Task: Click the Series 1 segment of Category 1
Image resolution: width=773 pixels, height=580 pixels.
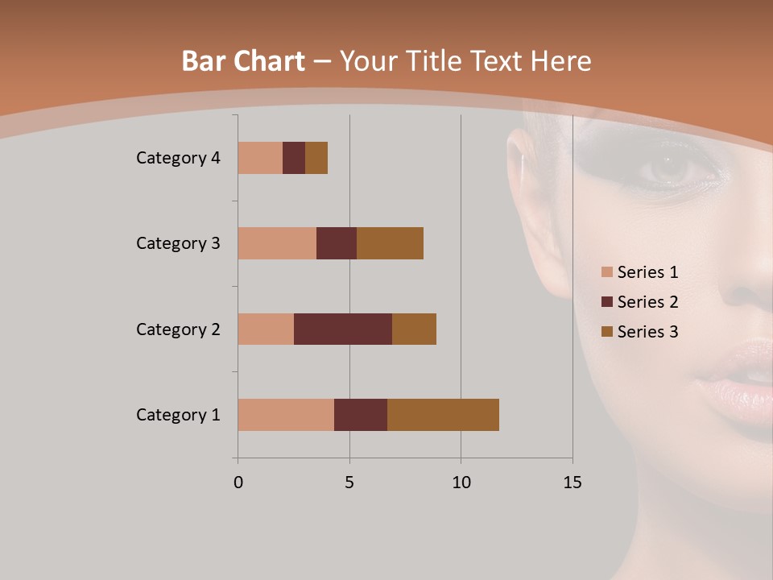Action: pyautogui.click(x=286, y=415)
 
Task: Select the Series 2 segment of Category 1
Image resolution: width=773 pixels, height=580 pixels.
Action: pyautogui.click(x=361, y=415)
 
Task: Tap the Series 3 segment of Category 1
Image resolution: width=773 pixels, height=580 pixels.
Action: pyautogui.click(x=443, y=415)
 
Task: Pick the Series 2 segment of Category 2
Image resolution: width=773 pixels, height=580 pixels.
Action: pyautogui.click(x=343, y=329)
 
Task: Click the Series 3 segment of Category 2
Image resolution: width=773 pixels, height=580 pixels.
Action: pyautogui.click(x=414, y=329)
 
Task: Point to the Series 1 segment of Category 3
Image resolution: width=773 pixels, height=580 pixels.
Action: pyautogui.click(x=277, y=243)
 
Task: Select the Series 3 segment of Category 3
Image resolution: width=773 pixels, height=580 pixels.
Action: pyautogui.click(x=390, y=243)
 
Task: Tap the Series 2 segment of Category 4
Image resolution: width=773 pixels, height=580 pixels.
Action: pyautogui.click(x=294, y=158)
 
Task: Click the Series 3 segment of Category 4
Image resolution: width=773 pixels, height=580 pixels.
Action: pyautogui.click(x=316, y=158)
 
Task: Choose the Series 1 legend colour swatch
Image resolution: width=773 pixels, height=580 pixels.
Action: pyautogui.click(x=606, y=272)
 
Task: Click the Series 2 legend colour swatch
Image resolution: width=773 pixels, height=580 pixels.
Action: pyautogui.click(x=606, y=302)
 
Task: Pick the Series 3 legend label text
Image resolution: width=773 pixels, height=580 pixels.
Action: pyautogui.click(x=647, y=332)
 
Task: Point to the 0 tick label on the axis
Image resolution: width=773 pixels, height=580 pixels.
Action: pyautogui.click(x=238, y=483)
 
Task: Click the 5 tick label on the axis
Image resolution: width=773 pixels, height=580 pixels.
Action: pyautogui.click(x=349, y=483)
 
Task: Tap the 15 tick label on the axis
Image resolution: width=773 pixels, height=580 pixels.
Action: pyautogui.click(x=572, y=483)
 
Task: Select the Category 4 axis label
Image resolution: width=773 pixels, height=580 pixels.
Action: pyautogui.click(x=178, y=158)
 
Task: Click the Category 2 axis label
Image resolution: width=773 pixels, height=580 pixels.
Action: pyautogui.click(x=178, y=329)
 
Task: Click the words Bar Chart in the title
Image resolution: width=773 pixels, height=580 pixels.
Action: pyautogui.click(x=243, y=61)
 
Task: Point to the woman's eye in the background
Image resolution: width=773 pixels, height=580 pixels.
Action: pyautogui.click(x=666, y=168)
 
